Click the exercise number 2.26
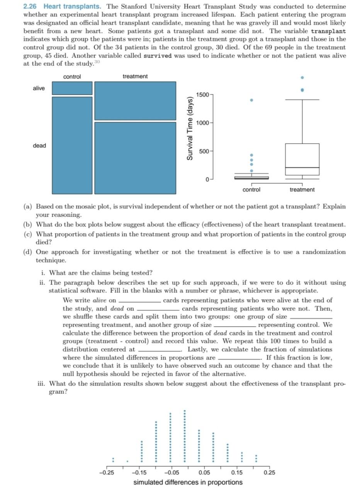[31, 7]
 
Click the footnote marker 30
[97, 62]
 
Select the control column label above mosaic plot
[72, 76]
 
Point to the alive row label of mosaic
[39, 88]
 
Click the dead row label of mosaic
[39, 145]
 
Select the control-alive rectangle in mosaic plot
[72, 88]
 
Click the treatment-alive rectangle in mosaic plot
[135, 101]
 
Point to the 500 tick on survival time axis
[204, 151]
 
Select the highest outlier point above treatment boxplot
[302, 77]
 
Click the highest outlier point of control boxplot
[251, 100]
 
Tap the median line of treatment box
[302, 167]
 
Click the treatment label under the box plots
[302, 189]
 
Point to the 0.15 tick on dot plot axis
[237, 472]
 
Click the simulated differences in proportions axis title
[188, 482]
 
